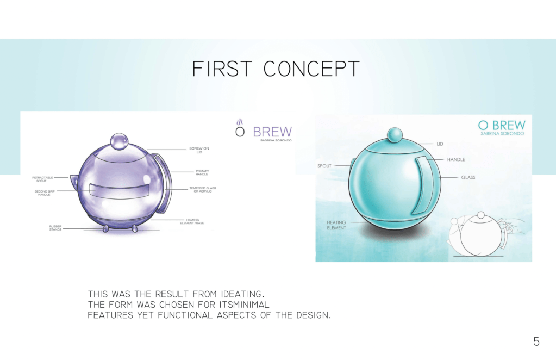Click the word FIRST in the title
click(222, 69)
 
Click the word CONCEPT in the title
click(311, 69)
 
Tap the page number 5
click(536, 342)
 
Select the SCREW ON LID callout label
click(199, 150)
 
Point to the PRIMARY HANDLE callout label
click(202, 172)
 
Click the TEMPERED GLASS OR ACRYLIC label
click(203, 189)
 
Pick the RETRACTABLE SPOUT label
click(42, 179)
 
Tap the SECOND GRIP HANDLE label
click(45, 193)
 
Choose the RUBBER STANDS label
click(55, 228)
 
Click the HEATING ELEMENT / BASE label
click(192, 221)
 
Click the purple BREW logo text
click(272, 132)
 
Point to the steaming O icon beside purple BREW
click(240, 128)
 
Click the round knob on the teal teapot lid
click(394, 135)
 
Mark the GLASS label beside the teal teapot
click(468, 177)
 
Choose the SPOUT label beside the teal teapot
click(324, 166)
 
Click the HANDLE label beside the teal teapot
click(455, 159)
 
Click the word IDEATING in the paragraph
click(242, 294)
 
